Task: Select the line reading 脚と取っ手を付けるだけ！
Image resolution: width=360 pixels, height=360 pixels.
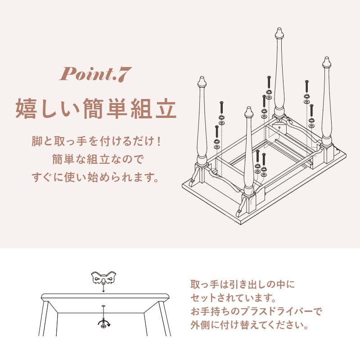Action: [95, 141]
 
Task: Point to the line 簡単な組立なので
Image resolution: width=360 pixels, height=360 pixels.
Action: [95, 159]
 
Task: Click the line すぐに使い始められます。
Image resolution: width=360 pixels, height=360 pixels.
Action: [95, 176]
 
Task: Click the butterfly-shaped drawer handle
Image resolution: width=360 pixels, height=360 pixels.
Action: [103, 279]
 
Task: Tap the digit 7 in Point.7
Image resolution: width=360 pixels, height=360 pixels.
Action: [122, 74]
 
